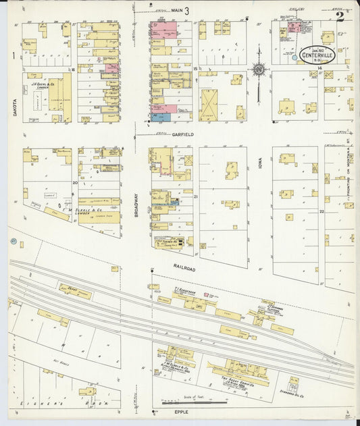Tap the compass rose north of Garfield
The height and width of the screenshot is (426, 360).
tap(259, 69)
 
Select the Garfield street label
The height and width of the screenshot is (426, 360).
tap(182, 134)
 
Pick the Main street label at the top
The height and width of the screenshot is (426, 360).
tap(177, 10)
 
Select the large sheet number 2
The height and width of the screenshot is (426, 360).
tap(339, 17)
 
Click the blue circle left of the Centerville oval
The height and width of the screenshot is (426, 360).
tap(294, 58)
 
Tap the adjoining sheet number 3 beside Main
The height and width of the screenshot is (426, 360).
tap(186, 9)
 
